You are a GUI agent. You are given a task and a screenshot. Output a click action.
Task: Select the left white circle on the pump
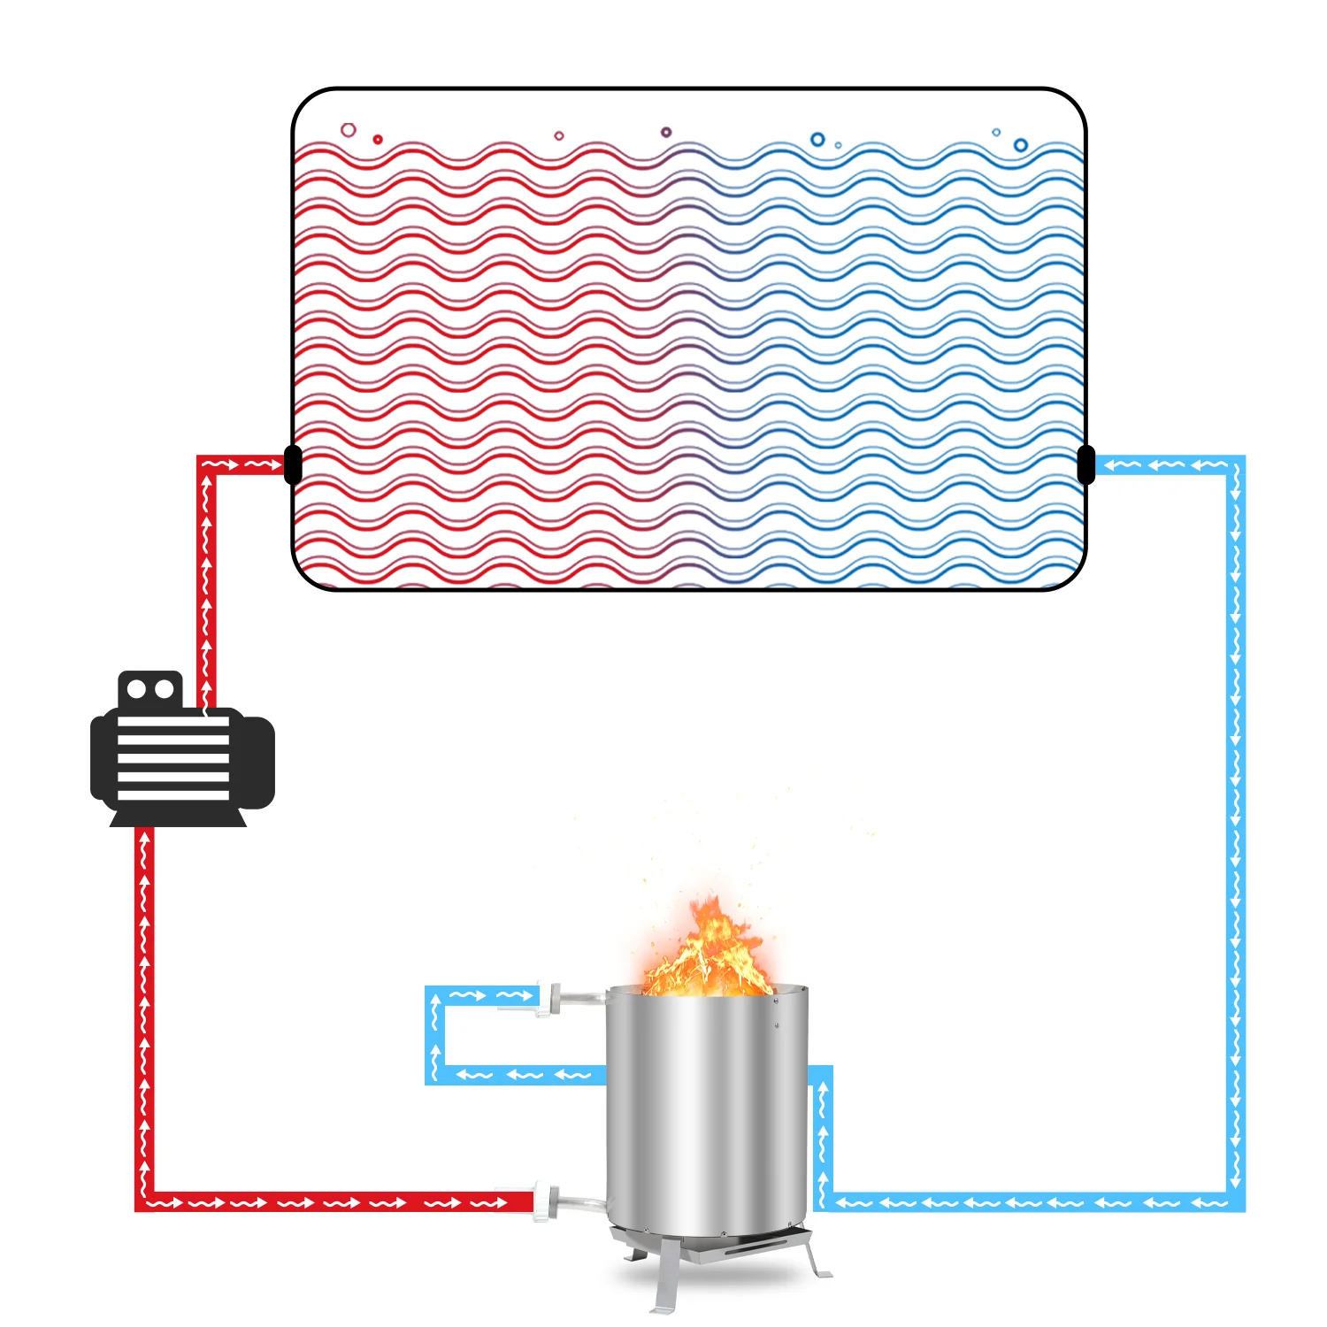tap(137, 689)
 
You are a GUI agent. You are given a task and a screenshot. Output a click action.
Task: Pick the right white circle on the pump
tap(164, 689)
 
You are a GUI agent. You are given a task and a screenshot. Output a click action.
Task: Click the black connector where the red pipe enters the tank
tap(293, 464)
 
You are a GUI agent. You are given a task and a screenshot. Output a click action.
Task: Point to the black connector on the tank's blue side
tap(1086, 464)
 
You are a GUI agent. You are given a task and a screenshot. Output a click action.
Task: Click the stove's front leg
tap(668, 1274)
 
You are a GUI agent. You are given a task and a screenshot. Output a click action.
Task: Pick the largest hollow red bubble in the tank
tap(349, 130)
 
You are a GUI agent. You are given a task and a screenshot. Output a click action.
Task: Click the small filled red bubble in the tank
tap(378, 139)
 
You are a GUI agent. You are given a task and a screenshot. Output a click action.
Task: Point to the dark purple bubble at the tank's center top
tap(666, 133)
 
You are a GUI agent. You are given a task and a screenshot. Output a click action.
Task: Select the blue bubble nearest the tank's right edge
tap(1021, 145)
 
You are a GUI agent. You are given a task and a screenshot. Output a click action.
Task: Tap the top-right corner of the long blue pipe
tap(1236, 465)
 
